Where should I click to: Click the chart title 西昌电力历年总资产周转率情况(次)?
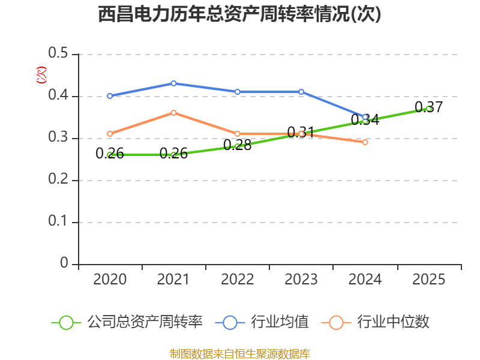coord(239,14)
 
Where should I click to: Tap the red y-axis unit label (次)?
coord(41,75)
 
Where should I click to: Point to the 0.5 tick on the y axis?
coord(58,53)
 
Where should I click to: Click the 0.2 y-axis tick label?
coord(58,179)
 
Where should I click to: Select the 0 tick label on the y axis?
coord(64,263)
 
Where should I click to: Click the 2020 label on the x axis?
coord(110,279)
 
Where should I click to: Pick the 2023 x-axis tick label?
coord(301,279)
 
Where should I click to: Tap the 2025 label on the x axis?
coord(428,279)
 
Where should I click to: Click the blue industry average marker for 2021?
coord(173,83)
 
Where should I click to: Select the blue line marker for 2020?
coord(110,96)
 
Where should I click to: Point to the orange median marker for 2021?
coord(173,113)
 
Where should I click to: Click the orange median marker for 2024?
coord(365,142)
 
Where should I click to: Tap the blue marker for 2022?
coord(237,92)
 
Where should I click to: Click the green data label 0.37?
coord(428,107)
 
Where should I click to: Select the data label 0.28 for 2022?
coord(237,145)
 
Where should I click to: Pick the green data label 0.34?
coord(365,119)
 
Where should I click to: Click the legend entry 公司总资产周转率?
coord(127,322)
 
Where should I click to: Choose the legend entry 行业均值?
coord(262,322)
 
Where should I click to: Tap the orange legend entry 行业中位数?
coord(376,322)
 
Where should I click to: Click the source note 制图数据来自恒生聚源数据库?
coord(239,353)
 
